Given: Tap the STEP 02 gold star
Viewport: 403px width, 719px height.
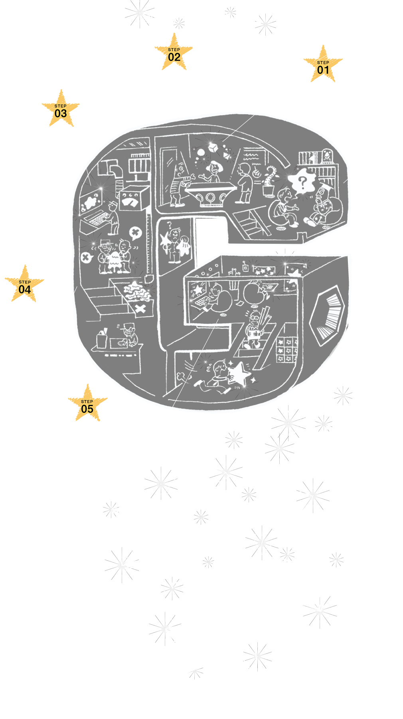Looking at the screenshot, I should pos(174,53).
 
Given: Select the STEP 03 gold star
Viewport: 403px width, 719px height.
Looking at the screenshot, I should pos(61,109).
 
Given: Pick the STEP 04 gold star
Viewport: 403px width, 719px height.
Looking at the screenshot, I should pos(25,285).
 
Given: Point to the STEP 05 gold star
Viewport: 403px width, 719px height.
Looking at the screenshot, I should pos(87,404).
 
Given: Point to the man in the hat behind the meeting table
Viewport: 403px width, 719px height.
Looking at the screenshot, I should pos(214,170).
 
